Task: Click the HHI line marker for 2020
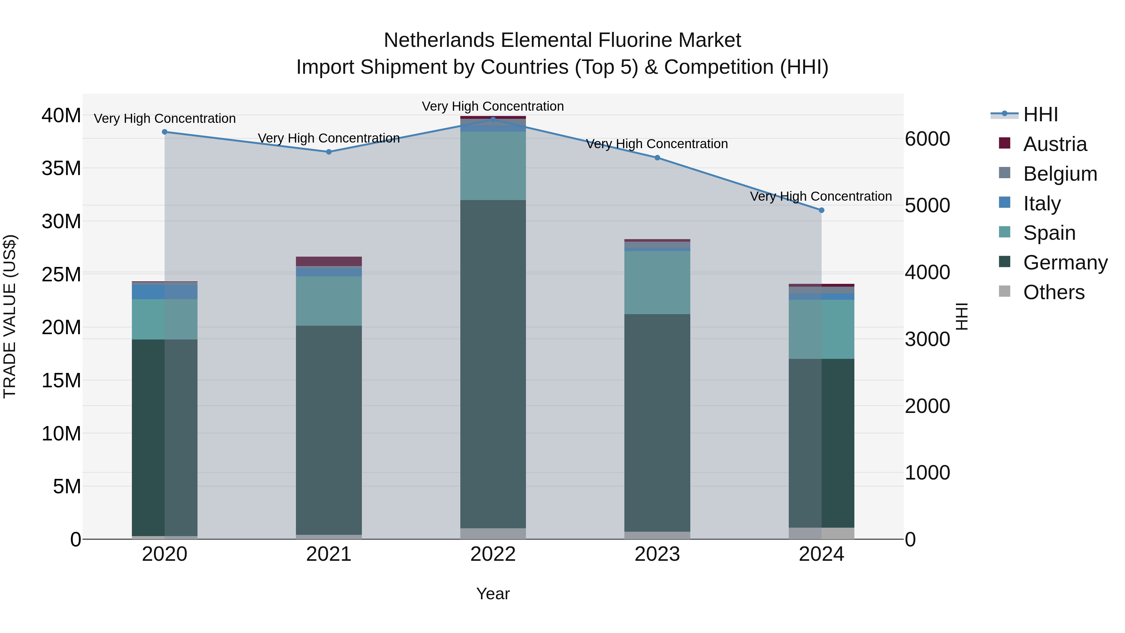(x=165, y=132)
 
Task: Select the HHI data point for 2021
(x=329, y=152)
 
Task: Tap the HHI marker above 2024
(x=822, y=210)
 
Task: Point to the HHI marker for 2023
(x=657, y=158)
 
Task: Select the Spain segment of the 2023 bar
(x=657, y=282)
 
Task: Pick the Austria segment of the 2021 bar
(x=329, y=261)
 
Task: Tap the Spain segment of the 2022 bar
(x=493, y=166)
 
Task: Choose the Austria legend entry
(x=1055, y=144)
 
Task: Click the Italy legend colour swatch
(x=1004, y=203)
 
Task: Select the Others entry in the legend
(x=1053, y=292)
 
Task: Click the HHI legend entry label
(x=1041, y=114)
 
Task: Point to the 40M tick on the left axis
(x=61, y=116)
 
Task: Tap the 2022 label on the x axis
(x=493, y=554)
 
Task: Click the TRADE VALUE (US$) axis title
(x=10, y=316)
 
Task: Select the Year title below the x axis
(x=493, y=594)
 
